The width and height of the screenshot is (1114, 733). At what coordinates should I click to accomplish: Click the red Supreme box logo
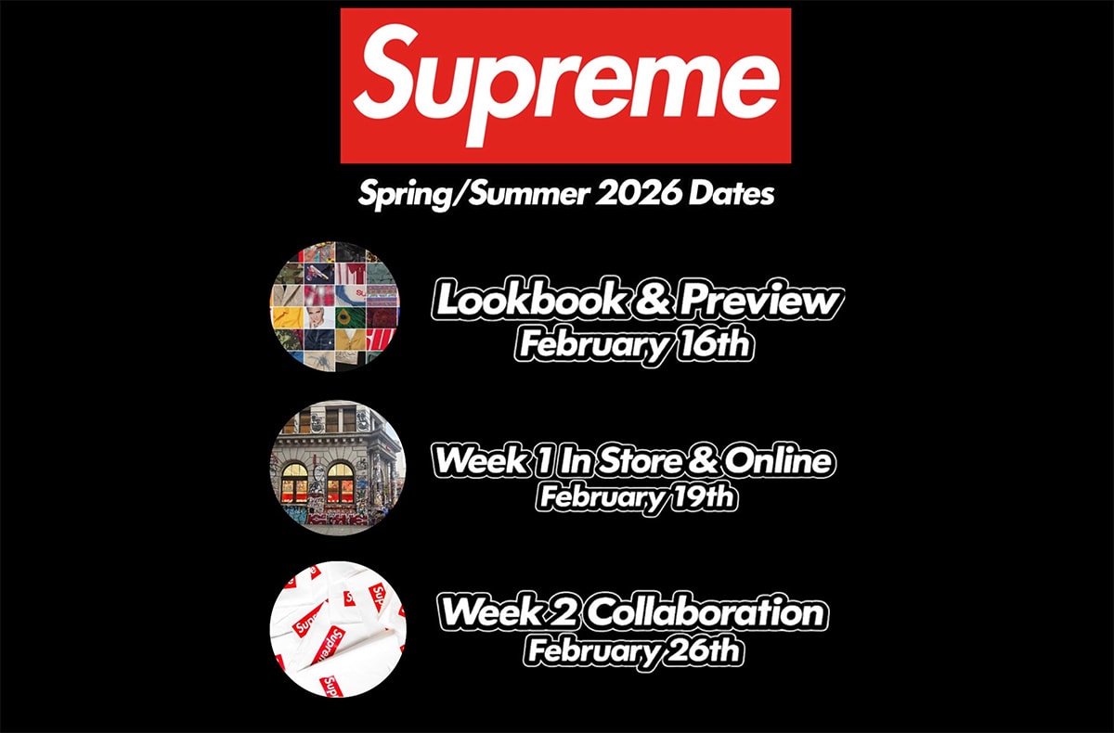click(x=565, y=85)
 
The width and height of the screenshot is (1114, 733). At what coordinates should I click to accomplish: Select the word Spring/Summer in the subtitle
click(x=473, y=195)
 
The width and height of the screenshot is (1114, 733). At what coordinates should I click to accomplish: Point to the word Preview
click(x=761, y=300)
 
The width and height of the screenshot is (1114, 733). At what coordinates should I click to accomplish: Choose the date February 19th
click(x=636, y=496)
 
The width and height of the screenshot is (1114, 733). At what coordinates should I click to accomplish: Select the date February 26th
click(x=633, y=649)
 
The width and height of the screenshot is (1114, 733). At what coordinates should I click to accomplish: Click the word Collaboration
click(x=706, y=612)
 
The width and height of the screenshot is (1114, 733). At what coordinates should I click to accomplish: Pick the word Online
click(x=779, y=460)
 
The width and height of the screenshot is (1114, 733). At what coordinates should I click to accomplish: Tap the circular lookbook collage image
click(x=335, y=306)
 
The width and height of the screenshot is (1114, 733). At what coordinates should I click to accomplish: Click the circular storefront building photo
click(x=338, y=468)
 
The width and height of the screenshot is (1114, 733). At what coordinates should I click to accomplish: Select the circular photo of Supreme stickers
click(x=338, y=630)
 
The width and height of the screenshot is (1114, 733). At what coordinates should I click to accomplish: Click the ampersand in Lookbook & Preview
click(x=653, y=300)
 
